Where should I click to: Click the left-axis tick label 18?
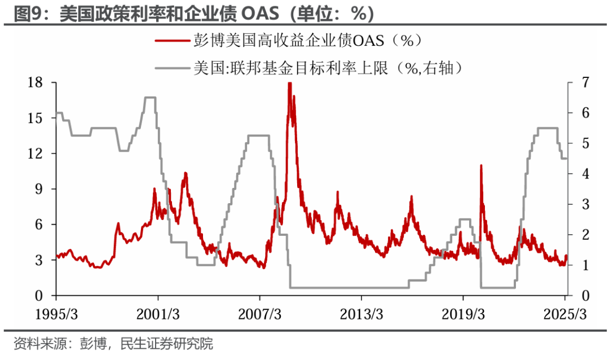34,83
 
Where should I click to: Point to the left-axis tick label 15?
34,118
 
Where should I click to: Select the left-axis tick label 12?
34,154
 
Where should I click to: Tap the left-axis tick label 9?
38,190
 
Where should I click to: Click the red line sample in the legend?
173,41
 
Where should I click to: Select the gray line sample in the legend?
173,68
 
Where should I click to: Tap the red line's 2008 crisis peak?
289,84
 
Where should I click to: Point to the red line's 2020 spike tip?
481,165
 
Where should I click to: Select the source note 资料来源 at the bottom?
113,344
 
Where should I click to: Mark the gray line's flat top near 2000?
150,98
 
